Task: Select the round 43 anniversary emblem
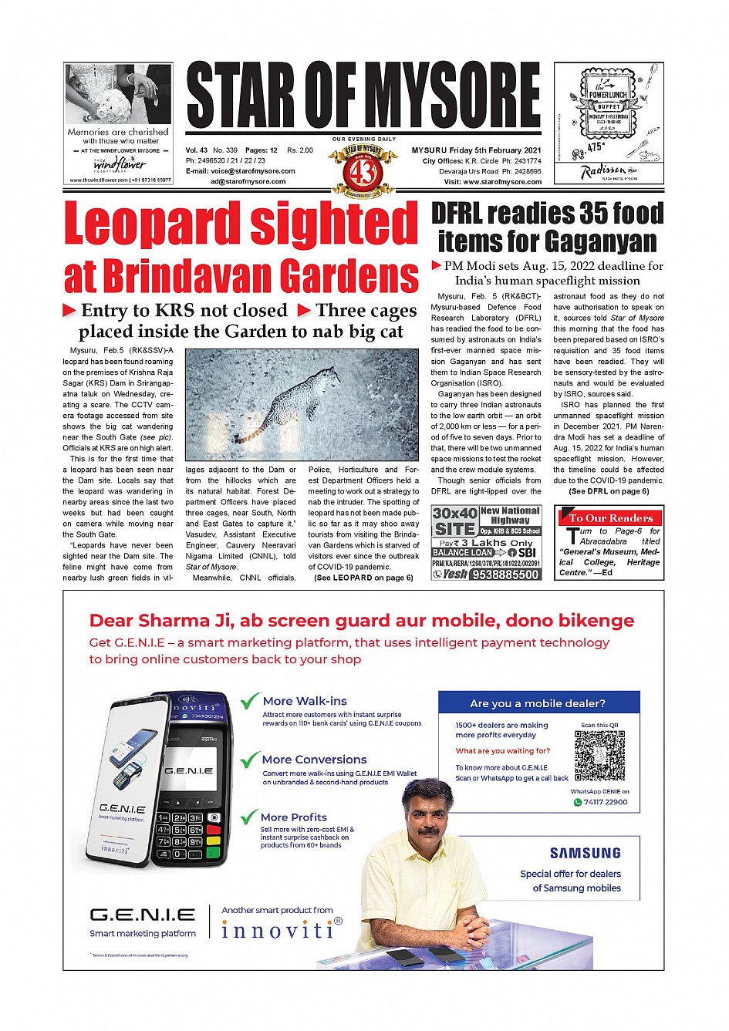[363, 170]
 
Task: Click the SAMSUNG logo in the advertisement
[585, 853]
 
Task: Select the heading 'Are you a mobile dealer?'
[538, 703]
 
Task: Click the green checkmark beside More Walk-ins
[249, 701]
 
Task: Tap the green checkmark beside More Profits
[248, 817]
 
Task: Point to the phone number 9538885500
[505, 574]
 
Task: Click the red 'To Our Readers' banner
[609, 518]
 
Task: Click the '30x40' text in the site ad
[454, 514]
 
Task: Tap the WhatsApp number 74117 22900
[606, 802]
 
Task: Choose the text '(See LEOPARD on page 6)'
[363, 578]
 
